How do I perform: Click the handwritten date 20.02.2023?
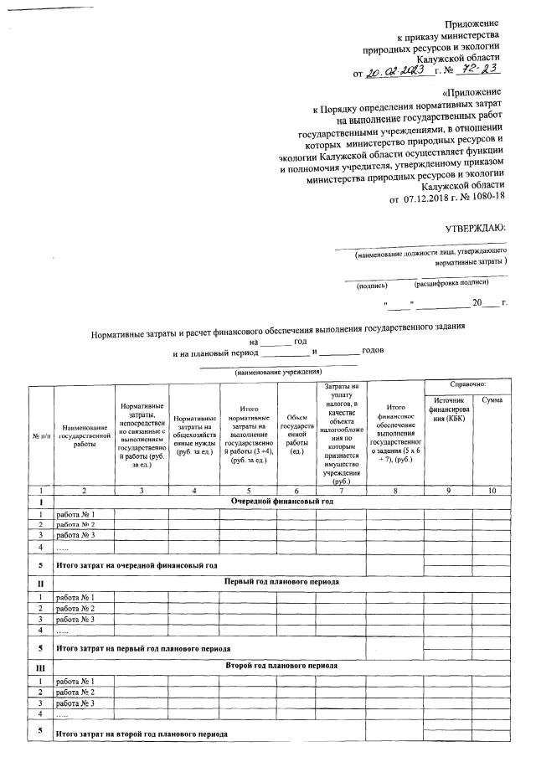(x=400, y=71)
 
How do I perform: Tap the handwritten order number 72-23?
(x=484, y=70)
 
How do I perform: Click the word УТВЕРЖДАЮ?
(x=475, y=228)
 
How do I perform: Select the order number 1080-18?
(x=485, y=199)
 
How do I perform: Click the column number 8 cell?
(x=394, y=488)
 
